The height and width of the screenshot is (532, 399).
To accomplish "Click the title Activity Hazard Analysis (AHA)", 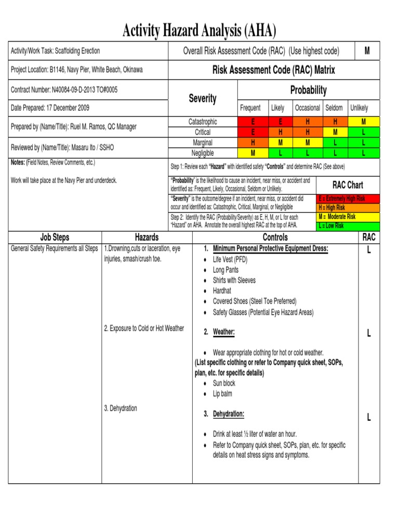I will [x=199, y=31].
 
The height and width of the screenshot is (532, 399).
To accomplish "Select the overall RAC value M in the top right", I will [x=367, y=51].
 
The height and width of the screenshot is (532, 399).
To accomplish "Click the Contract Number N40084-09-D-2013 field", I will [x=64, y=90].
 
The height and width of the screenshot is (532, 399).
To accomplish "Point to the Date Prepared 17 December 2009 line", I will [x=50, y=108].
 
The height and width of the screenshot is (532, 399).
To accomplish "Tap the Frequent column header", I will [x=250, y=108].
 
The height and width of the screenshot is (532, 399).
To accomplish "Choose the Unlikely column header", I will [x=359, y=108].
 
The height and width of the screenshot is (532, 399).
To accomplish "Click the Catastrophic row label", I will [x=203, y=122].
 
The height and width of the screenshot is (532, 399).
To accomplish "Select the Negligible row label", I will [x=203, y=153].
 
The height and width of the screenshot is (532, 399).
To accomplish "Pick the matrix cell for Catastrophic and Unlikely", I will [x=364, y=122].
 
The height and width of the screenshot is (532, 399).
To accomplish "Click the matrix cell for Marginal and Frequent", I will [x=253, y=142].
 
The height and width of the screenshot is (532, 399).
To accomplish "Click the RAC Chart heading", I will [x=348, y=185].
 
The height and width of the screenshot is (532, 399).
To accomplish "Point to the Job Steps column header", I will [x=55, y=237].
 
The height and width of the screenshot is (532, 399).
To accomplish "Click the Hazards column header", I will [x=147, y=237].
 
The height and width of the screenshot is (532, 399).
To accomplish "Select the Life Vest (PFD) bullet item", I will [x=230, y=259].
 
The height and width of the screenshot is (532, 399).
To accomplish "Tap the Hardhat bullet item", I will [x=222, y=291].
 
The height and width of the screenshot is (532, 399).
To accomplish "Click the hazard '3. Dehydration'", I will [x=121, y=408].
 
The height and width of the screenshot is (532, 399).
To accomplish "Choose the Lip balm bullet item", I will [x=222, y=394].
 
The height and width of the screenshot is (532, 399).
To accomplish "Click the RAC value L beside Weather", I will [x=368, y=333].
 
